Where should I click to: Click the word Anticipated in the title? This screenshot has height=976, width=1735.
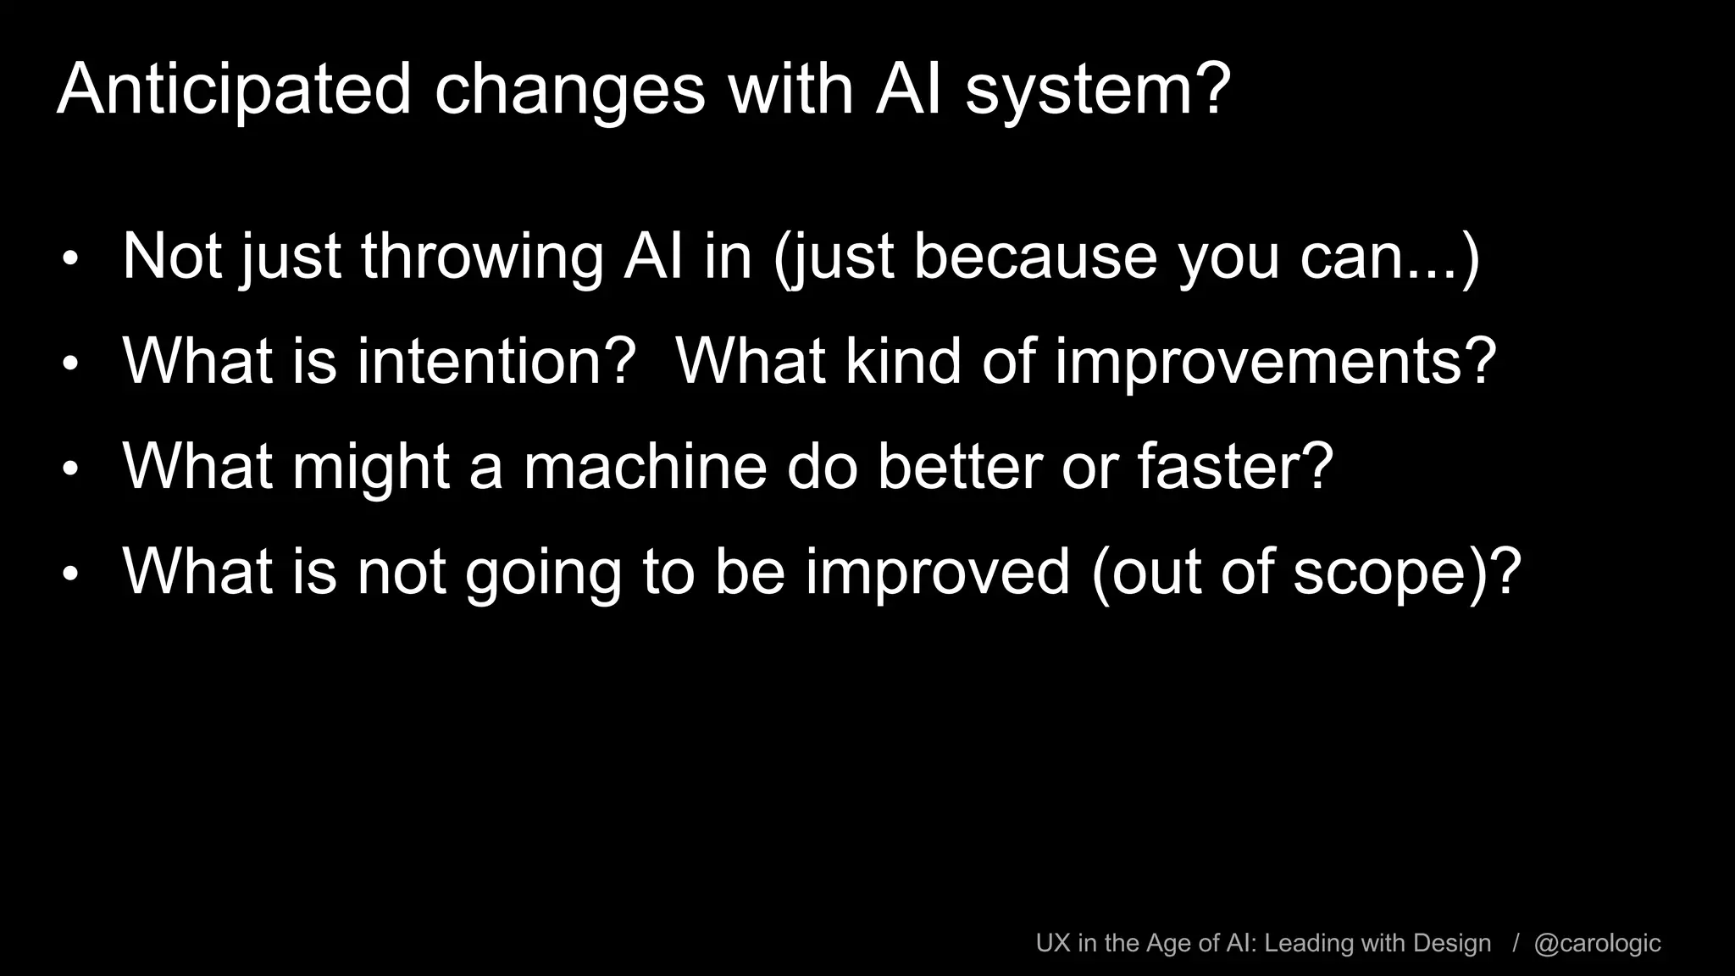234,89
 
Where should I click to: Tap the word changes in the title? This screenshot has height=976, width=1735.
569,89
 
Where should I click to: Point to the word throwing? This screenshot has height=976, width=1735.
482,256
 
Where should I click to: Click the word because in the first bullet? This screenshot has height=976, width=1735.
1035,256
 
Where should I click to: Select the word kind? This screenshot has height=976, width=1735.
903,361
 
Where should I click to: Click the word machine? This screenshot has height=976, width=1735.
645,466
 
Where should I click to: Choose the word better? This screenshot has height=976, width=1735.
959,466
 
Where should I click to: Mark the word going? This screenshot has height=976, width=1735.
543,573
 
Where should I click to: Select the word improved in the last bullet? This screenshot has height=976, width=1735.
937,573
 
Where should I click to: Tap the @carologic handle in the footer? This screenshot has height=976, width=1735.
1597,943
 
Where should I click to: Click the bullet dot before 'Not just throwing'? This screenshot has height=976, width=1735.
70,258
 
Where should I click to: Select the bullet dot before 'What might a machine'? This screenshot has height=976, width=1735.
70,469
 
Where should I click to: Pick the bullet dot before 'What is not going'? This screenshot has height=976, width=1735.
70,574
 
